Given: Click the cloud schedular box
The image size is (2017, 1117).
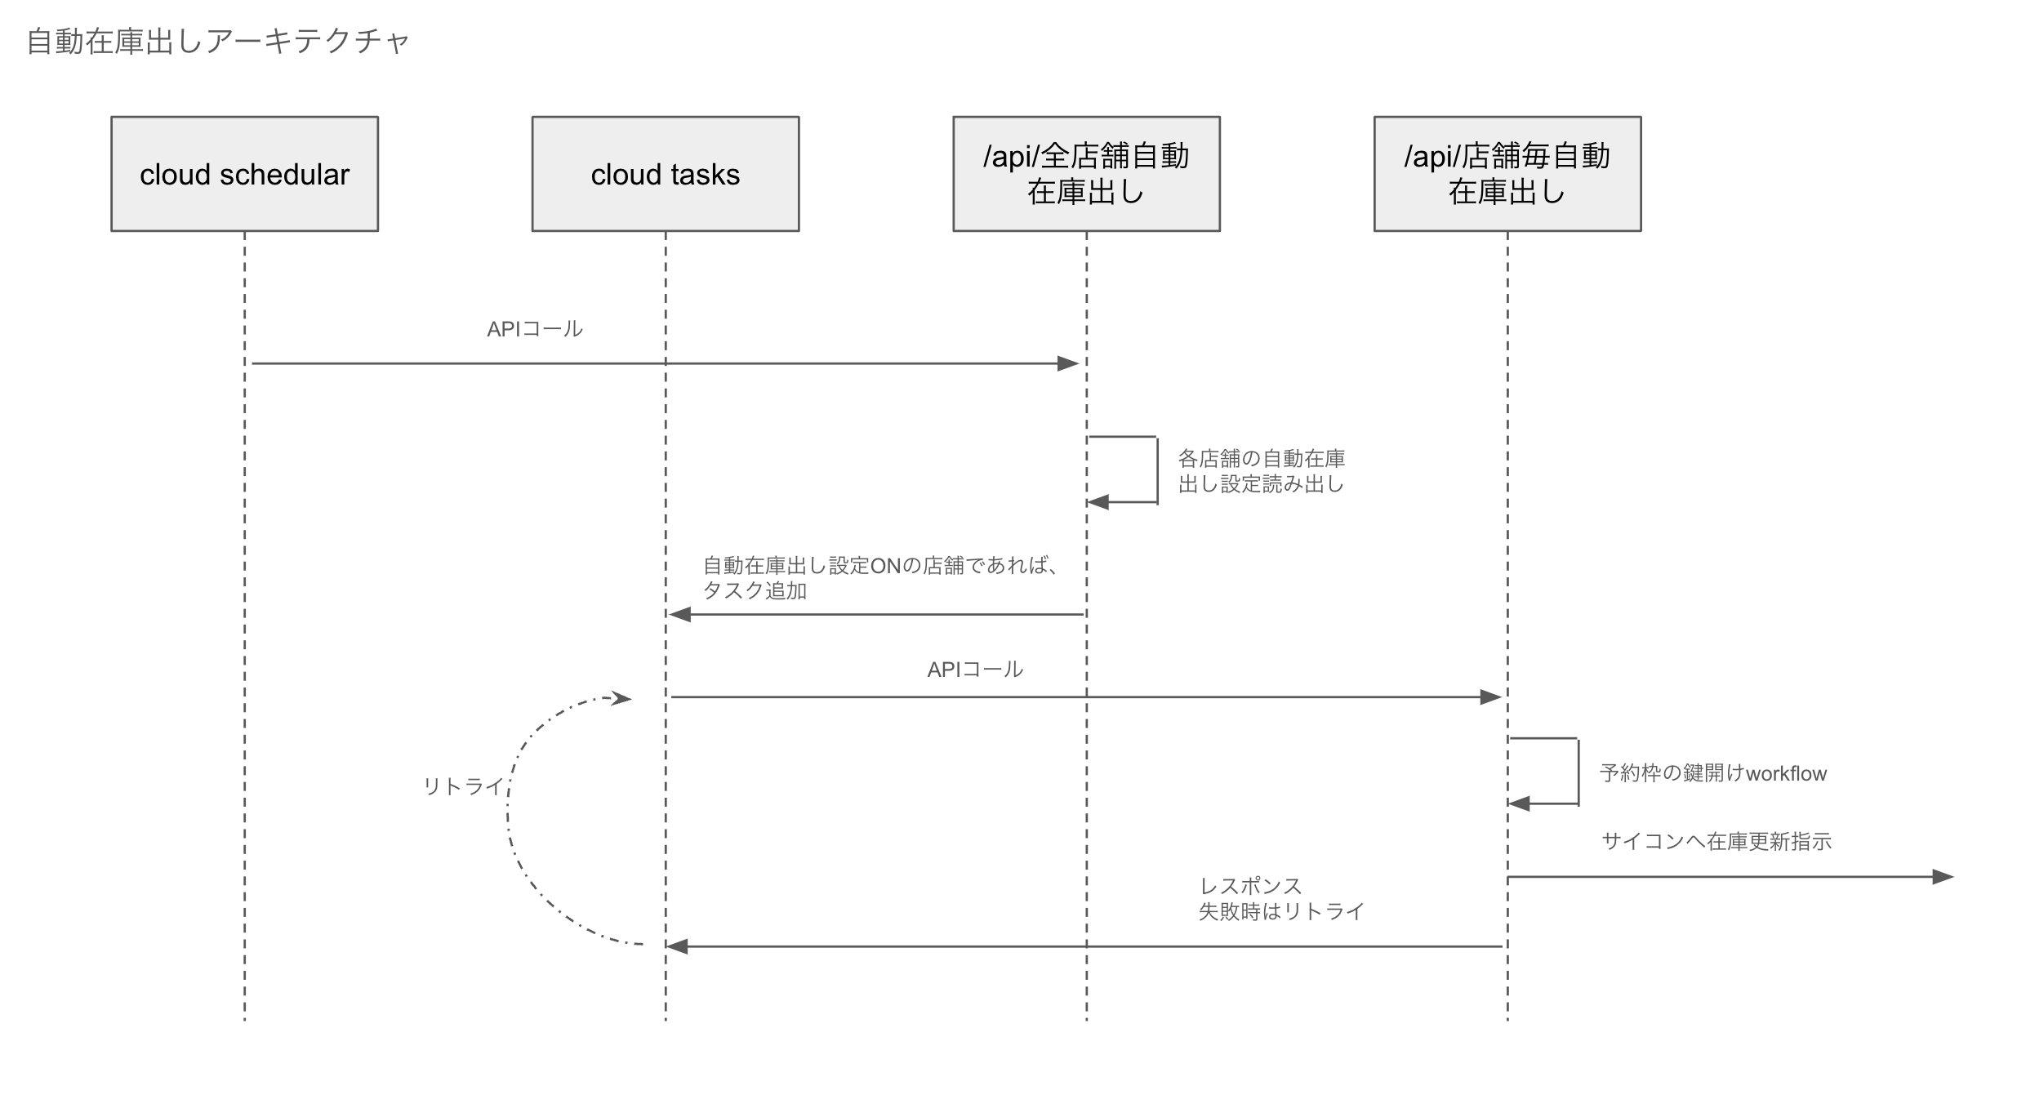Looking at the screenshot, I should pos(244,174).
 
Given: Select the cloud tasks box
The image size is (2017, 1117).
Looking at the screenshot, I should pos(665,174).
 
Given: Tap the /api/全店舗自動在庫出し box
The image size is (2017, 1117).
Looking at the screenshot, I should pos(1086,174).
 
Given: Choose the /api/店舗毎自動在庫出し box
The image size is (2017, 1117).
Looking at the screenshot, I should pos(1507,174).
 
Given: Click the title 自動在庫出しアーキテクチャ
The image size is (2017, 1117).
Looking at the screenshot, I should pos(218,41).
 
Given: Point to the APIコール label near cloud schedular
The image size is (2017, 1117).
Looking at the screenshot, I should pos(535,329).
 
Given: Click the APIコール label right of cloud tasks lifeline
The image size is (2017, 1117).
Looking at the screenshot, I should pos(975,670).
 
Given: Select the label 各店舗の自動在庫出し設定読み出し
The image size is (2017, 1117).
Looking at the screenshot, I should pos(1261,471).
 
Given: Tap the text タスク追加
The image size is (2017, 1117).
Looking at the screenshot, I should pos(755,591).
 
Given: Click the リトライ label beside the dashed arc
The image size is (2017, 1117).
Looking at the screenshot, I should pos(463,786).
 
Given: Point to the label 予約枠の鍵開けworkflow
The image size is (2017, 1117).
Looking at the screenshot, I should pos(1712,773).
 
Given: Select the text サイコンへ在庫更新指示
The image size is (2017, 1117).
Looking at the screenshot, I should pos(1716,842).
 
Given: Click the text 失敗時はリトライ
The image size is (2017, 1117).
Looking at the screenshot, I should pos(1281,912).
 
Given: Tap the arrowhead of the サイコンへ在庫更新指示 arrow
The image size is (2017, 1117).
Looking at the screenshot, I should pos(1943,877).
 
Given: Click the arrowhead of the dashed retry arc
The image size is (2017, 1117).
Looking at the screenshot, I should pos(622,698).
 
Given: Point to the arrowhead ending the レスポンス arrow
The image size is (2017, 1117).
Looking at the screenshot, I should pos(677,946).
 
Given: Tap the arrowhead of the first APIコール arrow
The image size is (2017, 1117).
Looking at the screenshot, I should pos(1068,363).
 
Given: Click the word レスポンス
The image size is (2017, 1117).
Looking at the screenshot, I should pos(1249,886).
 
